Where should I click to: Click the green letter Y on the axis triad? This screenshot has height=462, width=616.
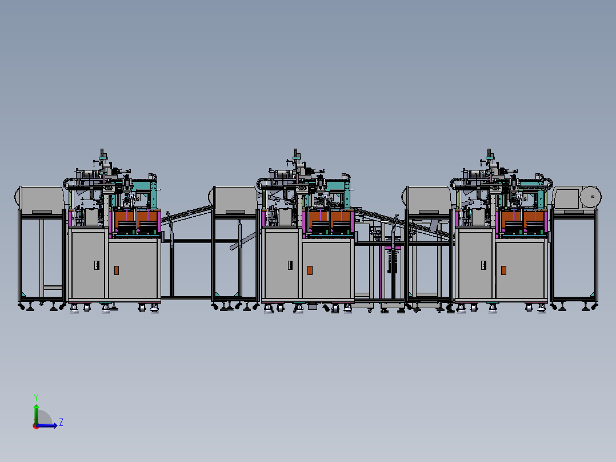point(36,397)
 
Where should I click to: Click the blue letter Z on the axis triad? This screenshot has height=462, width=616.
point(61,423)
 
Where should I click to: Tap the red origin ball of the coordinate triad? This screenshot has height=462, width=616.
point(36,426)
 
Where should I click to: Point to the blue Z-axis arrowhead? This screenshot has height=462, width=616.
point(55,425)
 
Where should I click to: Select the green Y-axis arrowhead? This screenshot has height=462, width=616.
point(36,407)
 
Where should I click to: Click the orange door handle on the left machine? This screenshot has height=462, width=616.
point(117,270)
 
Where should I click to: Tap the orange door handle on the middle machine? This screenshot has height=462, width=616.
point(310,270)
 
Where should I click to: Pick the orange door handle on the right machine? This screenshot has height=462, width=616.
point(503,270)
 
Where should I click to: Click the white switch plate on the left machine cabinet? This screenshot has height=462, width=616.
point(97,265)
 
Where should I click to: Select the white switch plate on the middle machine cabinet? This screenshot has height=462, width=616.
point(290,265)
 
